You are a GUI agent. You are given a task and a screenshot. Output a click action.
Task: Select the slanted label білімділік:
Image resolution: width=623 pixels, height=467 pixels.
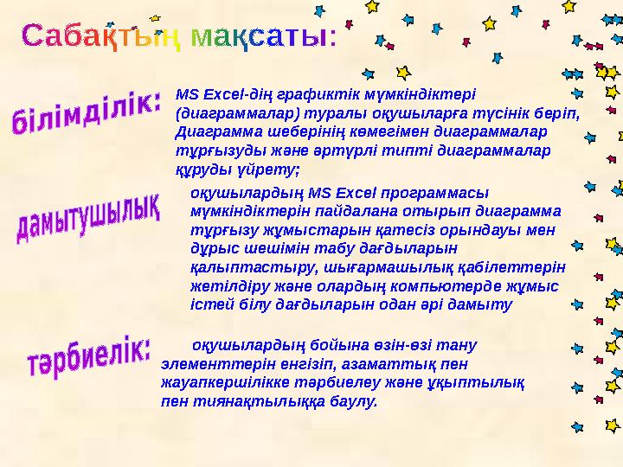click(x=86, y=117)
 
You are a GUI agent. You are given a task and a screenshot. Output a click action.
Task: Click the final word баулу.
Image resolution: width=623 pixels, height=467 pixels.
click(x=356, y=401)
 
